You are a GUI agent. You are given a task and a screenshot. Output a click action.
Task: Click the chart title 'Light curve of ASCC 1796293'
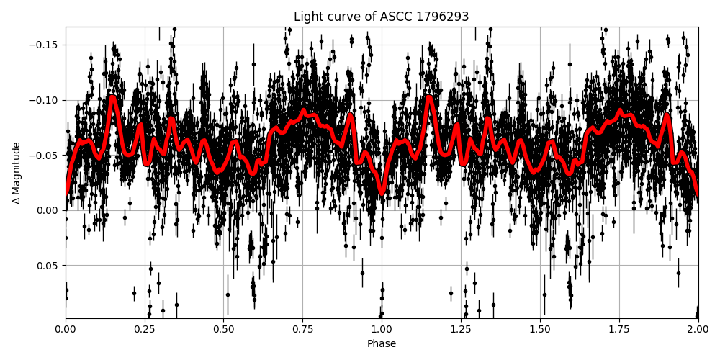tap(382, 17)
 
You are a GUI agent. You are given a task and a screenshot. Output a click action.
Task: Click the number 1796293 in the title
tap(442, 17)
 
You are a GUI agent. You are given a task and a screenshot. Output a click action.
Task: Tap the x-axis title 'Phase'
tap(382, 344)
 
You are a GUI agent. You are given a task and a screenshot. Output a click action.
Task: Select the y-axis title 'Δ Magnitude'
tap(16, 173)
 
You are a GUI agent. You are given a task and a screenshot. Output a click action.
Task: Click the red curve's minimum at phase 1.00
tap(382, 194)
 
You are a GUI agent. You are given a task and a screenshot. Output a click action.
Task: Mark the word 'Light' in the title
tap(307, 17)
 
